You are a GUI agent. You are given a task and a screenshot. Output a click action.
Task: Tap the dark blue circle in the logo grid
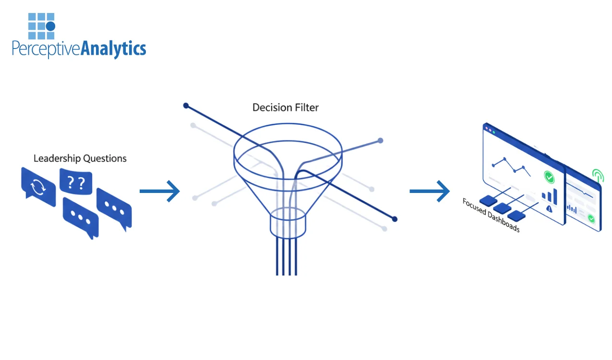click(50, 26)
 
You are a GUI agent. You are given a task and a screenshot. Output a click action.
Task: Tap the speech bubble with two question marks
click(75, 182)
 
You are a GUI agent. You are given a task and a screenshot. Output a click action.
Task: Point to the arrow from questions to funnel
click(159, 192)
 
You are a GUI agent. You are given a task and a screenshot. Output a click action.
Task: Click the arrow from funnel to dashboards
click(429, 192)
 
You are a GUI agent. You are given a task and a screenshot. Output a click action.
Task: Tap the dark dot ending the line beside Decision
click(186, 105)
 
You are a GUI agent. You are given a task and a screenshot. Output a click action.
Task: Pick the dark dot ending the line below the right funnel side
click(395, 219)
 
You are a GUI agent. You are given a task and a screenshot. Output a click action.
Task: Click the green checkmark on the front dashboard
click(550, 177)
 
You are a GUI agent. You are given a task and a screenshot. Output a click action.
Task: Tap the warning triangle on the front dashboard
click(549, 208)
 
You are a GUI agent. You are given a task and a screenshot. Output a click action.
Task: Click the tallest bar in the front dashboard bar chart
click(555, 194)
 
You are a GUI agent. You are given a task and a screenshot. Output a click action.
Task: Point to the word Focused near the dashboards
click(474, 207)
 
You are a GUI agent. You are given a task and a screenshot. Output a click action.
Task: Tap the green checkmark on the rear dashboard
click(591, 218)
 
